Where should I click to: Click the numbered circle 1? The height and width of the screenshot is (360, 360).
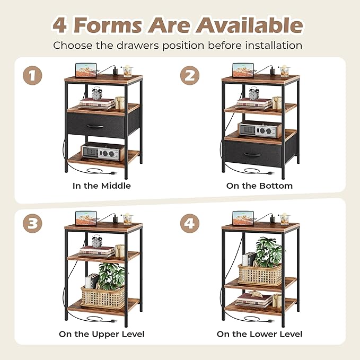(x=32, y=75)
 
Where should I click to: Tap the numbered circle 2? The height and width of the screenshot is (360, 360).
(x=190, y=75)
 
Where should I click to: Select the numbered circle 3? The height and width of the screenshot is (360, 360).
(x=32, y=223)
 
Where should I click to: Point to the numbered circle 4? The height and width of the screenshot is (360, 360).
(x=190, y=223)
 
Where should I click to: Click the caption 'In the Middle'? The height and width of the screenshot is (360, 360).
(x=102, y=186)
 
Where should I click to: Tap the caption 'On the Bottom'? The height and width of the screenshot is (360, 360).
(x=259, y=186)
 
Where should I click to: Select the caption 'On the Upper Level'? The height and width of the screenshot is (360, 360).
(x=102, y=334)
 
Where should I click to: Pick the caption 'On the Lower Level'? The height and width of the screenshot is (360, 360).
(x=259, y=334)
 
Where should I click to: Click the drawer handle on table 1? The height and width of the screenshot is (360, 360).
(x=95, y=126)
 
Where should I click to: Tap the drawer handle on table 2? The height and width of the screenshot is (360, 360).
(x=252, y=154)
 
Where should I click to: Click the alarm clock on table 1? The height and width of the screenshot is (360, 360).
(x=96, y=93)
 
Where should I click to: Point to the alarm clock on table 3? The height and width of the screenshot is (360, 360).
(x=96, y=241)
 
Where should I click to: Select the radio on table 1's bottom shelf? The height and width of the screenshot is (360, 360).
(x=102, y=151)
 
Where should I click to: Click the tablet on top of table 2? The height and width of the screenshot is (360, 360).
(x=243, y=71)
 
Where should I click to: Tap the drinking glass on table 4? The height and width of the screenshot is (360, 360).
(x=285, y=219)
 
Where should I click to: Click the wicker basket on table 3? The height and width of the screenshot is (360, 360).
(x=103, y=297)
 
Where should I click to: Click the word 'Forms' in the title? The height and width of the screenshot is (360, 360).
(x=108, y=25)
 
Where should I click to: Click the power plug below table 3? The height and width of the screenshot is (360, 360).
(x=113, y=321)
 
